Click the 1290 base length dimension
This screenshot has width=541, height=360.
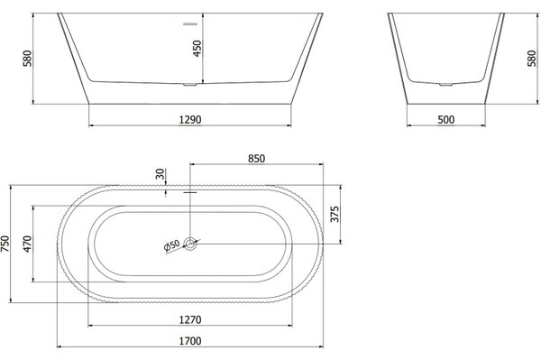click(190, 120)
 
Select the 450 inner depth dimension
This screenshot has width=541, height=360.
click(197, 49)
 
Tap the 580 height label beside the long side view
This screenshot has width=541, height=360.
click(27, 59)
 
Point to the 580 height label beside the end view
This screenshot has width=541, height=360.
click(532, 59)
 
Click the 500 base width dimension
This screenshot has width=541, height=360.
click(446, 120)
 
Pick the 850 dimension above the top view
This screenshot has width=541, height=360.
click(256, 159)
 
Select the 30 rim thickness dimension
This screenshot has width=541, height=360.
click(160, 174)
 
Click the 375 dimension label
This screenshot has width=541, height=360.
click(335, 215)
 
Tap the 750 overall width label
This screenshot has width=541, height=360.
click(5, 244)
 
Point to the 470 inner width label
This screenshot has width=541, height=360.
click(27, 244)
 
